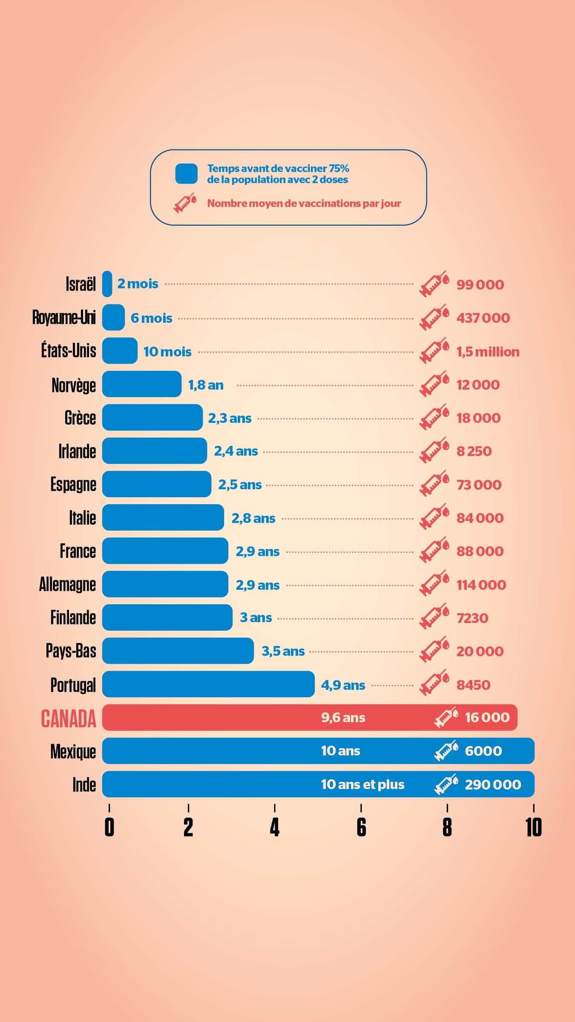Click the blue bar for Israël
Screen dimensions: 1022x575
tap(107, 284)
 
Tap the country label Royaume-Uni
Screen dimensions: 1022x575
tap(64, 318)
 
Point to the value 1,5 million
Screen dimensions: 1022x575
tap(488, 352)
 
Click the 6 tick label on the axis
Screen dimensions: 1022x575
tap(361, 827)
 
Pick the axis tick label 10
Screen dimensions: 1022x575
tap(533, 827)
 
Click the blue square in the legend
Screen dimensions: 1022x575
tap(187, 174)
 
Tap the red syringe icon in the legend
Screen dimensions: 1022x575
tap(185, 203)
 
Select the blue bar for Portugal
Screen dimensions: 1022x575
tap(208, 684)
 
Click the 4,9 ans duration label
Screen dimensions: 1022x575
tap(343, 685)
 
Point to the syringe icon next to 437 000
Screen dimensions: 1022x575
tap(434, 318)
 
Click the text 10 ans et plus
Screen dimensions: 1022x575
tap(362, 784)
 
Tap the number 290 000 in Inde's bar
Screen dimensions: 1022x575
tap(493, 784)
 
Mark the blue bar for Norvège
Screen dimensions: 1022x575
tap(142, 384)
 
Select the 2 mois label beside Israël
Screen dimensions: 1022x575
tap(138, 284)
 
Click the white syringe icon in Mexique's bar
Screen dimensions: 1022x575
tap(446, 751)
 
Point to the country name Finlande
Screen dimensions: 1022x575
tap(73, 617)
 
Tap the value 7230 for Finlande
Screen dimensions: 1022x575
tap(472, 618)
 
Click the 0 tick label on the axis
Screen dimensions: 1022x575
tap(109, 827)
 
